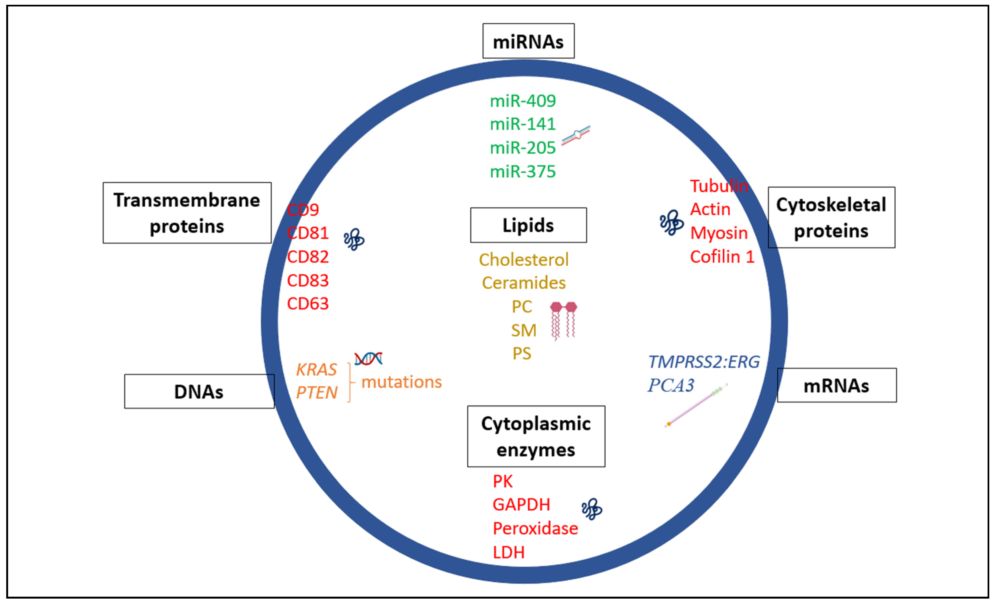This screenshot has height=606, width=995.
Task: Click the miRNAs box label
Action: [528, 41]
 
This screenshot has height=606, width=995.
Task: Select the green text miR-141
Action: [523, 124]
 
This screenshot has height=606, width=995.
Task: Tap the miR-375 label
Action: [523, 172]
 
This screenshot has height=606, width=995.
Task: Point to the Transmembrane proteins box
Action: [187, 213]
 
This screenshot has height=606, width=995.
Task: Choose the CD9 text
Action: [303, 210]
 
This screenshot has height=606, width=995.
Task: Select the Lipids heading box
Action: [528, 225]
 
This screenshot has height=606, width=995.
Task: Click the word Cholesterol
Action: [524, 260]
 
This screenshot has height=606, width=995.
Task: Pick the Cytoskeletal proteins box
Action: [832, 217]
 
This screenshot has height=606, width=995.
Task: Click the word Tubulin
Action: [719, 186]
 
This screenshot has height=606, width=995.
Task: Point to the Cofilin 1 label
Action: [722, 257]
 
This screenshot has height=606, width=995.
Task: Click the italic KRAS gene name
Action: [316, 370]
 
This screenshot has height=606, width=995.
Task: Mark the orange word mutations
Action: [401, 382]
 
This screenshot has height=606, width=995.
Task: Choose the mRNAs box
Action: [837, 385]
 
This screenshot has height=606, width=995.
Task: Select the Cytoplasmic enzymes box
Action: [536, 436]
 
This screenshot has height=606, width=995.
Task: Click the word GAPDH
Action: [521, 505]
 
